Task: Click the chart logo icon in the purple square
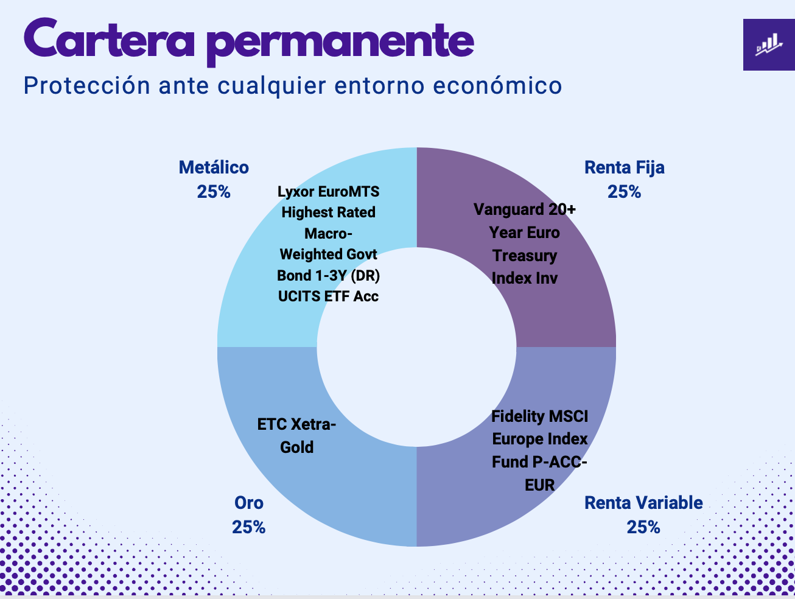pos(768,44)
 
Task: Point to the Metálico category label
pos(214,167)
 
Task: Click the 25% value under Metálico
pos(214,192)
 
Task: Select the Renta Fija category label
pos(624,167)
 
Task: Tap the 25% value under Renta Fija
pos(624,192)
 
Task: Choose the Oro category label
pos(249,503)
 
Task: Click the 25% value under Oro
pos(249,527)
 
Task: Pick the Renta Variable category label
pos(643,503)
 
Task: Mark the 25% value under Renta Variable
pos(643,527)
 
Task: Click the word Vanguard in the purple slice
pos(503,210)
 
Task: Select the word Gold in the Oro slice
pos(297,447)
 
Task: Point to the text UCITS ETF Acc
pos(328,296)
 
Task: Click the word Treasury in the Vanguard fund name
pos(525,256)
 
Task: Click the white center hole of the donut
pos(416,347)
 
